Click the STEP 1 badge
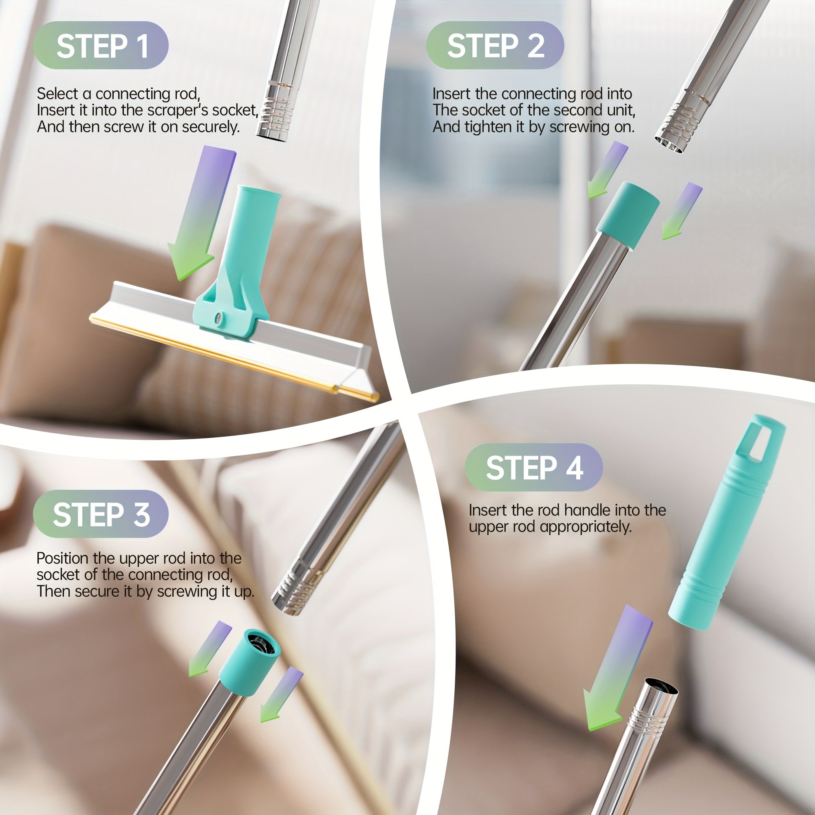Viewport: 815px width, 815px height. (101, 45)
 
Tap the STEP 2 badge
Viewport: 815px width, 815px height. (495, 45)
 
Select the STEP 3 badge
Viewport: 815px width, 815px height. (101, 514)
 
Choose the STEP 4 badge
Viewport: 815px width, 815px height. (534, 467)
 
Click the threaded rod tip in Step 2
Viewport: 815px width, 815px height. (676, 127)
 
